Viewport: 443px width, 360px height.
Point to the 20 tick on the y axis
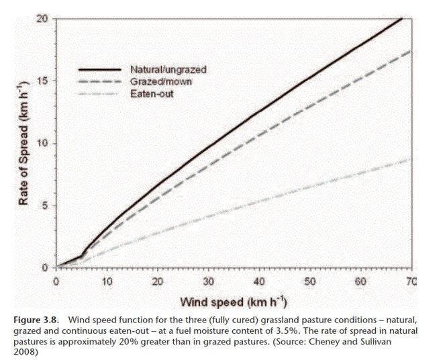[42, 18]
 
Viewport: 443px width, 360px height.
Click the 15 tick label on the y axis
[42, 81]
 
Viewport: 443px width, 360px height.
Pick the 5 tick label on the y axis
[44, 206]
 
